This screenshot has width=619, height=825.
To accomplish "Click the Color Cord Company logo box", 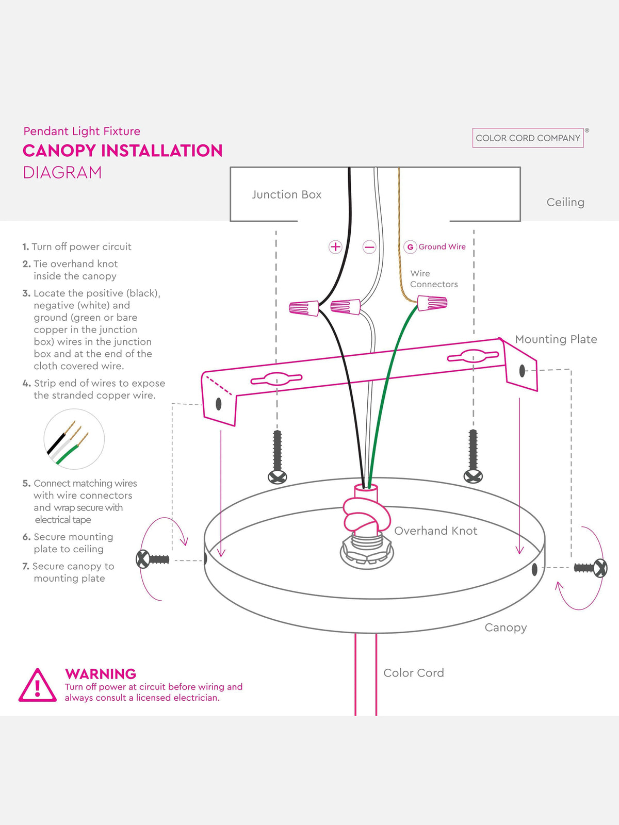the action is coord(528,138).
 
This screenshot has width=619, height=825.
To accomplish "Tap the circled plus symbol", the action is coord(335,247).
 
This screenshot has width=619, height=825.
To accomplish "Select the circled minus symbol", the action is coord(369,247).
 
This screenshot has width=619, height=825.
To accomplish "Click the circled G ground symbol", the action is coord(410,247).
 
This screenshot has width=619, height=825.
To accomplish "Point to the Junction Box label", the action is coord(287,195).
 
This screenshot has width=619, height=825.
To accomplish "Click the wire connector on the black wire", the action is coord(304,308).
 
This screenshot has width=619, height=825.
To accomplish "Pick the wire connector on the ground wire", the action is coord(432,303).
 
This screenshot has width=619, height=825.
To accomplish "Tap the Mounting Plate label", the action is coord(556,339).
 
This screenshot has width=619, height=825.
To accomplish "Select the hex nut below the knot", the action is coord(366,552).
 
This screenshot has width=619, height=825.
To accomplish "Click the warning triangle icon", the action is coord(37,685).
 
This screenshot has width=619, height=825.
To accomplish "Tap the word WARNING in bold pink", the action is coord(101,674).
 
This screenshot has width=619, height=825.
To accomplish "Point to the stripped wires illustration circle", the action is coord(74,439).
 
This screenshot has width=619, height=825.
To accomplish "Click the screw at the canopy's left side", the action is coord(152,559).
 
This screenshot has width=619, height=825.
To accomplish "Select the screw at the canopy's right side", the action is coord(591,568).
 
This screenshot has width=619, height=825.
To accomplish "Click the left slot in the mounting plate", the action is coord(276,379).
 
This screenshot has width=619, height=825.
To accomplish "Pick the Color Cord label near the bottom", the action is coord(413,673).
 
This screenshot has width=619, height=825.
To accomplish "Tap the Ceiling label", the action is coord(565,203).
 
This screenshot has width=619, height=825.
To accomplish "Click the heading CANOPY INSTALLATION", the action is coord(123,151).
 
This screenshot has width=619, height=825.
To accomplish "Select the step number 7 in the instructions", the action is coord(26,566).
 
